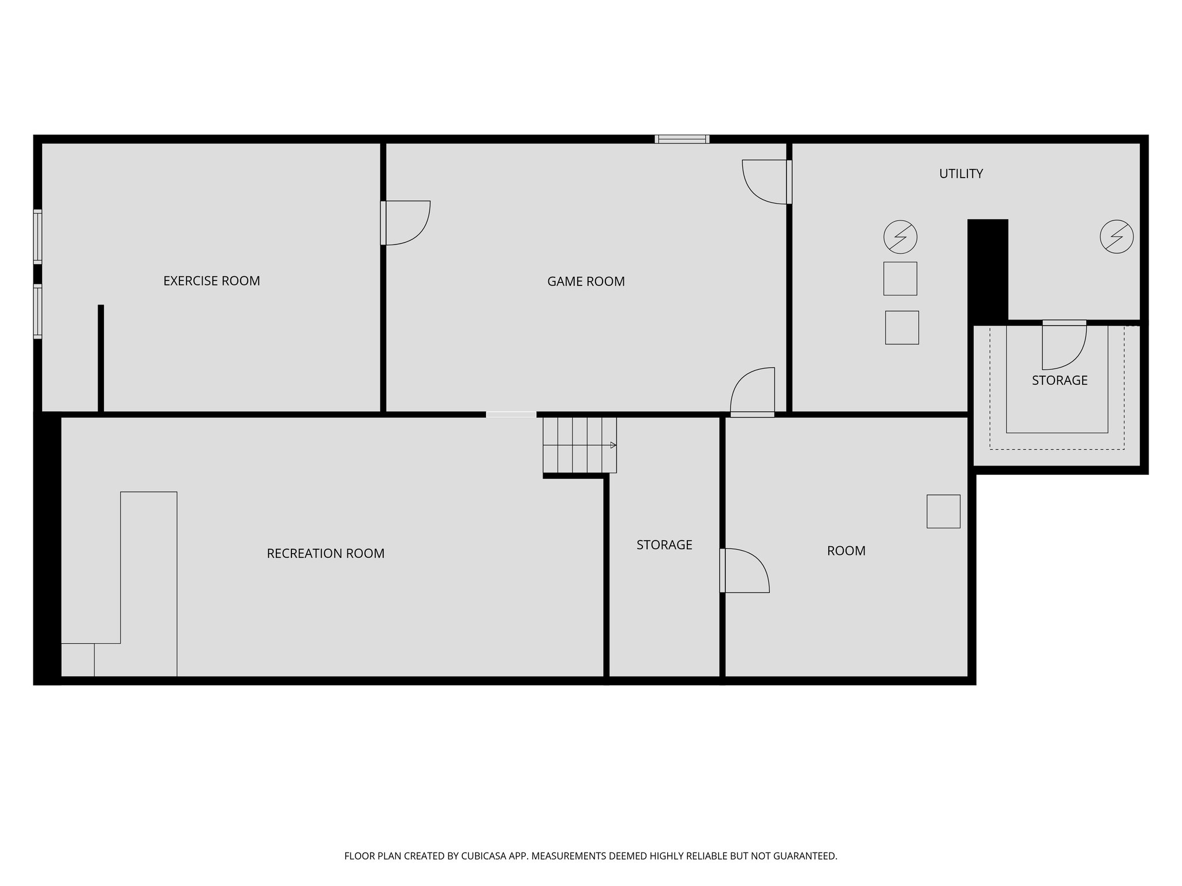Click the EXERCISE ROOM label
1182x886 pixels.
click(x=211, y=281)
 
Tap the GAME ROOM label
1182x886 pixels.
click(x=586, y=281)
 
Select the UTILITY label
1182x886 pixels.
click(x=961, y=174)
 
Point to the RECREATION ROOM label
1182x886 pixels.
click(x=326, y=554)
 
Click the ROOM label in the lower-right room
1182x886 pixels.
click(x=846, y=551)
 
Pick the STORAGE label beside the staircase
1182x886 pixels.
click(x=664, y=545)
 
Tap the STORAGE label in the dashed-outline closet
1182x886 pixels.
click(x=1060, y=381)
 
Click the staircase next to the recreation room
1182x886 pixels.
click(x=579, y=445)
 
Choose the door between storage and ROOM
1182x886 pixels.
click(x=745, y=570)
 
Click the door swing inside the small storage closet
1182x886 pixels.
click(x=1064, y=346)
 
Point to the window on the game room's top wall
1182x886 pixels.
click(x=682, y=139)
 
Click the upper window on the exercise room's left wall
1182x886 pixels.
click(x=38, y=236)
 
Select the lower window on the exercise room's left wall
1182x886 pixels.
click(x=38, y=311)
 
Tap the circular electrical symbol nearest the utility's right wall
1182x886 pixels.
click(x=1116, y=236)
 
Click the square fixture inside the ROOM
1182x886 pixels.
click(x=943, y=511)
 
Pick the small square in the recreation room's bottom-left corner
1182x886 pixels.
click(x=77, y=659)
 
